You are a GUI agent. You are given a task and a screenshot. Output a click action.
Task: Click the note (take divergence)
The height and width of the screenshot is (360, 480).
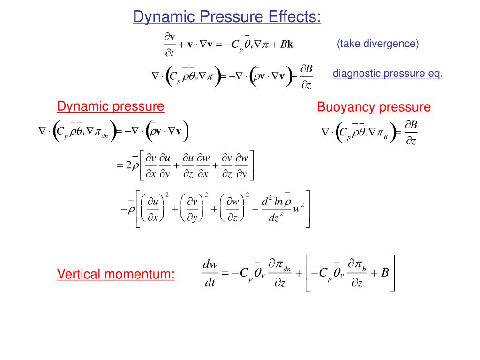pyautogui.click(x=377, y=44)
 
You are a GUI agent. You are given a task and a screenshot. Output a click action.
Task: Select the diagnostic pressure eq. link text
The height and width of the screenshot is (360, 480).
pyautogui.click(x=388, y=74)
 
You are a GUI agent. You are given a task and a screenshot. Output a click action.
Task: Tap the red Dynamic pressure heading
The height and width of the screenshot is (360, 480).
pyautogui.click(x=111, y=106)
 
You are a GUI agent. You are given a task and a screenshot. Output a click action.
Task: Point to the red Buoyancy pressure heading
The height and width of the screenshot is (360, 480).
pyautogui.click(x=374, y=107)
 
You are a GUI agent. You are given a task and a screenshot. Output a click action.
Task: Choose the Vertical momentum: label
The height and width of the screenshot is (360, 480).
pyautogui.click(x=116, y=274)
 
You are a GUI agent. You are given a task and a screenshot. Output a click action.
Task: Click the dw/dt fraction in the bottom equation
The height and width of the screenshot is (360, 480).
pyautogui.click(x=210, y=274)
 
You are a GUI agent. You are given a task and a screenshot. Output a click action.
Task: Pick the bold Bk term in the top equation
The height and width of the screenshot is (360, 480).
pyautogui.click(x=287, y=45)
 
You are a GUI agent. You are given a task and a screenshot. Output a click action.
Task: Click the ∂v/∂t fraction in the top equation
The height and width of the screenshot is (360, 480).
pyautogui.click(x=169, y=45)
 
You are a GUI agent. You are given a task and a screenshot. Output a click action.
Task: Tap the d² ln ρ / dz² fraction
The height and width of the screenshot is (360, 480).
pyautogui.click(x=275, y=209)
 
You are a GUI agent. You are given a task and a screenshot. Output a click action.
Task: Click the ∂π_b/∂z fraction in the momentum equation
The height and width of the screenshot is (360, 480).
pyautogui.click(x=357, y=274)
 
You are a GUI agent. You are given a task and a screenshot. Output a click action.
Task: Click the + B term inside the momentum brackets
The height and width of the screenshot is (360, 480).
pyautogui.click(x=380, y=273)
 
